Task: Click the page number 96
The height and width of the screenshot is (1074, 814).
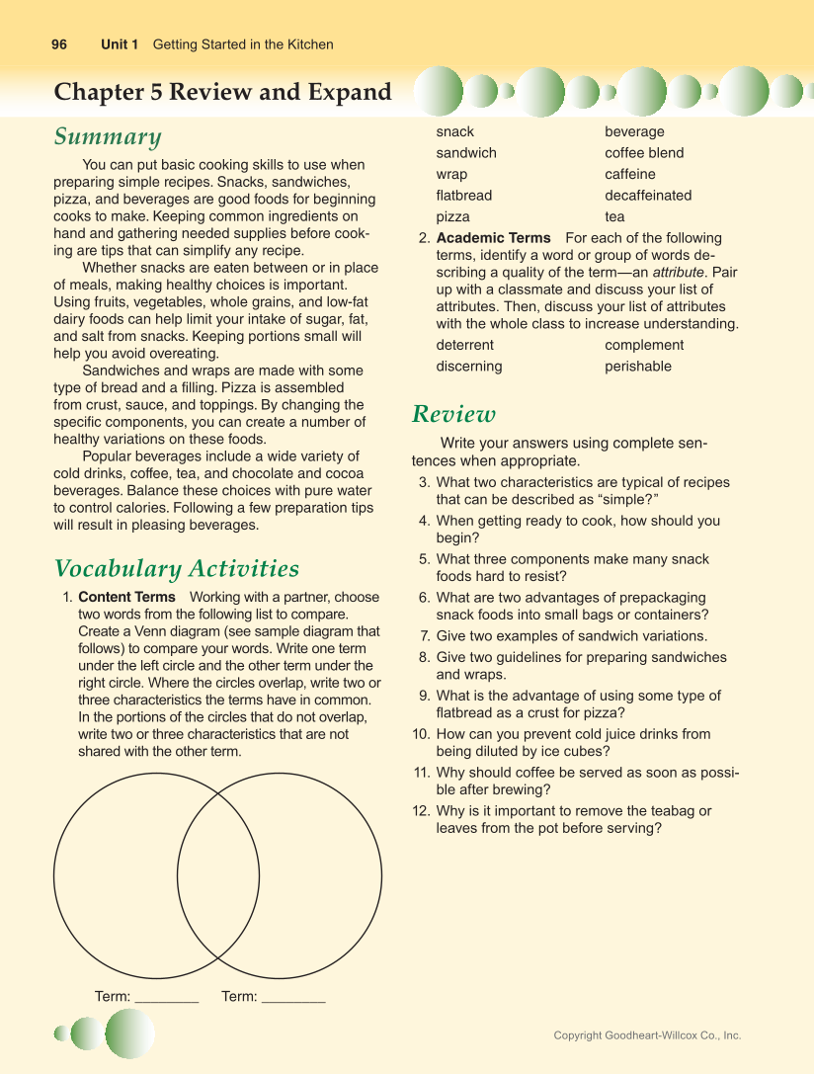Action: point(59,44)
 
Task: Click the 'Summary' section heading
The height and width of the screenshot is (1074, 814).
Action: point(108,136)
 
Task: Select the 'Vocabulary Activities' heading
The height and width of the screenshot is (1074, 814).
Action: point(177,569)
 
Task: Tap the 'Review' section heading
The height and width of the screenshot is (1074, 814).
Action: point(453,414)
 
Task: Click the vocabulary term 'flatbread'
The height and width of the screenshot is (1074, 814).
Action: point(464,196)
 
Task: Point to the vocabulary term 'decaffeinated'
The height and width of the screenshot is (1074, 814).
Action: point(648,196)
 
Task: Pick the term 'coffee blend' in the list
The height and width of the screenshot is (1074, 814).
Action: point(644,153)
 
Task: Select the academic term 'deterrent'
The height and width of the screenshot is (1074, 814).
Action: point(465,345)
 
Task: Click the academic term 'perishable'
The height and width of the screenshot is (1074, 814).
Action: point(638,367)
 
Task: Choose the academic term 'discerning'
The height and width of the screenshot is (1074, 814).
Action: point(469,367)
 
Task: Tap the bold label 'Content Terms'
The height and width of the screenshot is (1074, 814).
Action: point(126,598)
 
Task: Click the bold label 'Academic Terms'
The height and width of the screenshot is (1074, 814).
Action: point(493,238)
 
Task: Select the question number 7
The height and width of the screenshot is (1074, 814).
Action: point(424,636)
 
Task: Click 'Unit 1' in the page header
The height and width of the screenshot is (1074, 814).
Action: point(120,44)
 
